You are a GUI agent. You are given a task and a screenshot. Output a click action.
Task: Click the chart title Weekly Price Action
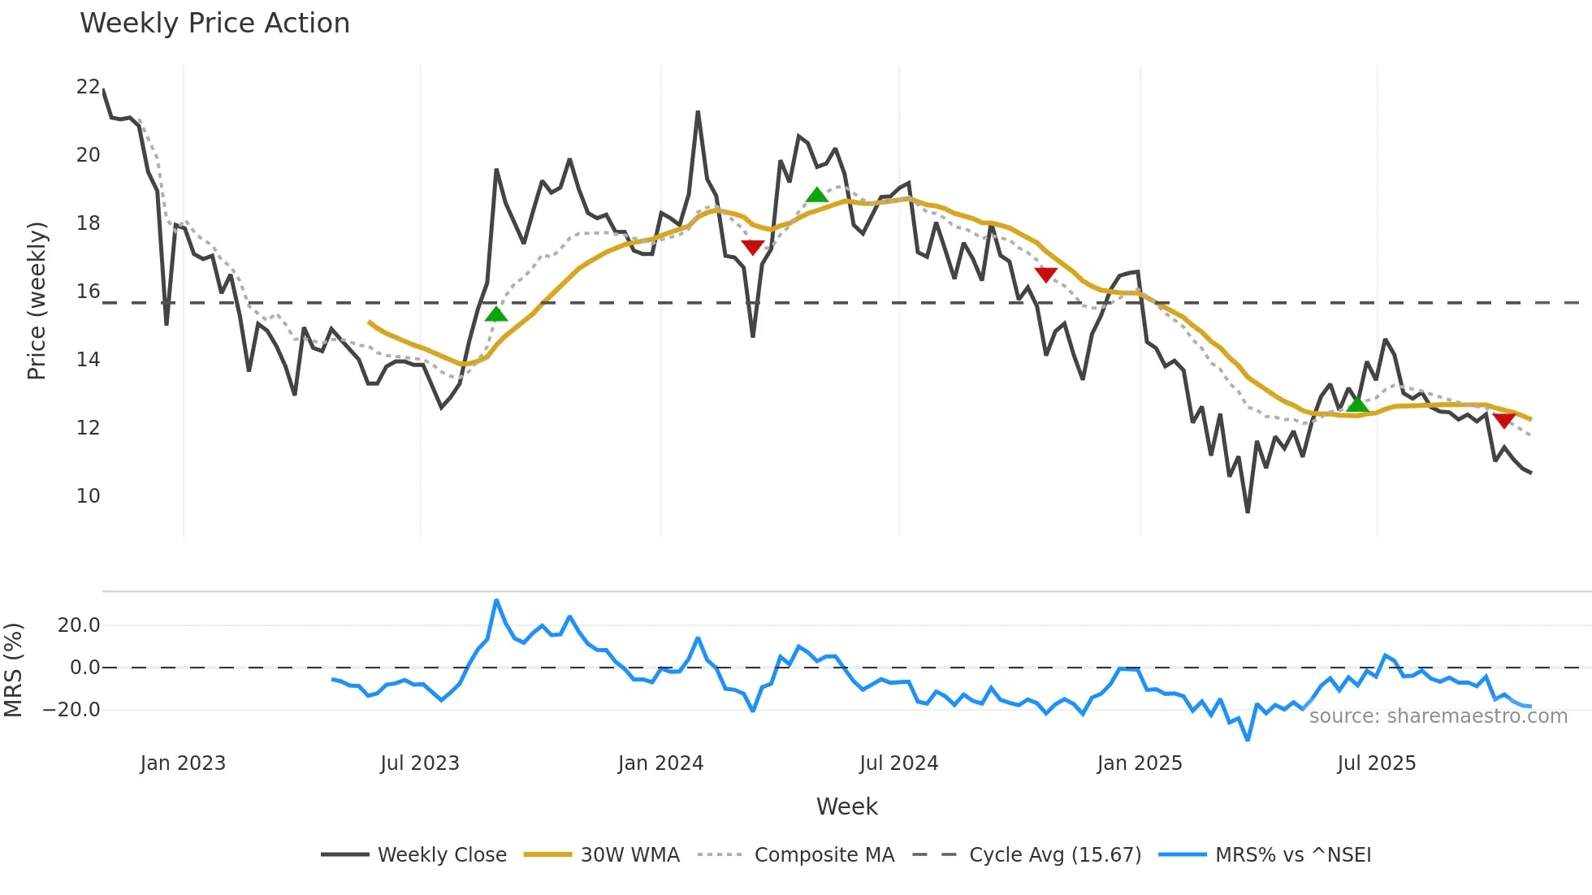[214, 24]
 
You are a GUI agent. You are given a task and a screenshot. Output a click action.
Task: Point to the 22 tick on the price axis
[88, 87]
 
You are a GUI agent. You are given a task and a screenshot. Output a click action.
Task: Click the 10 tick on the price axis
[88, 496]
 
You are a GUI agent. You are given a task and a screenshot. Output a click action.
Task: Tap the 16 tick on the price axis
[88, 292]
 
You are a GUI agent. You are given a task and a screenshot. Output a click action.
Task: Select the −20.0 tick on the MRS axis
[71, 710]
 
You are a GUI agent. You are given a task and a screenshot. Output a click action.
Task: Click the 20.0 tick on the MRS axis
[79, 625]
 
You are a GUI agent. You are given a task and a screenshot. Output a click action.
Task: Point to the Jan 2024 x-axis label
[660, 763]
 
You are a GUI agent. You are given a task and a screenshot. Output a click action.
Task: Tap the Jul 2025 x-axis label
[1376, 763]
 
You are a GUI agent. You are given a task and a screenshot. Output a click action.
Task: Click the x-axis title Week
[846, 806]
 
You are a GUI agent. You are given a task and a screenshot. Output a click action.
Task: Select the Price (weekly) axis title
[37, 300]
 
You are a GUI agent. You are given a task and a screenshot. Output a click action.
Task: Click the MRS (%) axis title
[14, 670]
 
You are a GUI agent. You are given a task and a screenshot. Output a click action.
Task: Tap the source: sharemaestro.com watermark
[1438, 716]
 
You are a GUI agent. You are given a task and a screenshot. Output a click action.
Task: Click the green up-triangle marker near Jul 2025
[1357, 404]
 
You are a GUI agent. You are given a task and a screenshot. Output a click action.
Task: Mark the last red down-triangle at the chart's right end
[1503, 421]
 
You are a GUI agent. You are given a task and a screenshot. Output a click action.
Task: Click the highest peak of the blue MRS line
[496, 601]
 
